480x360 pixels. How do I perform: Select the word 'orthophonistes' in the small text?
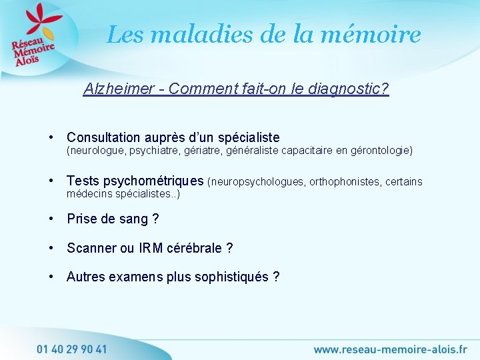(x=345, y=181)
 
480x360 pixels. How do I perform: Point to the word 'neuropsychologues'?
(x=257, y=181)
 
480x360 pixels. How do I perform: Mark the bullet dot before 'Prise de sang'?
(x=52, y=219)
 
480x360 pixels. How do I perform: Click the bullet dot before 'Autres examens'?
(x=52, y=277)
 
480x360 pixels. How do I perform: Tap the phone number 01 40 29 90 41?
(x=71, y=349)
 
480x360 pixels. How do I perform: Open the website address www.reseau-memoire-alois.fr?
(x=390, y=349)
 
